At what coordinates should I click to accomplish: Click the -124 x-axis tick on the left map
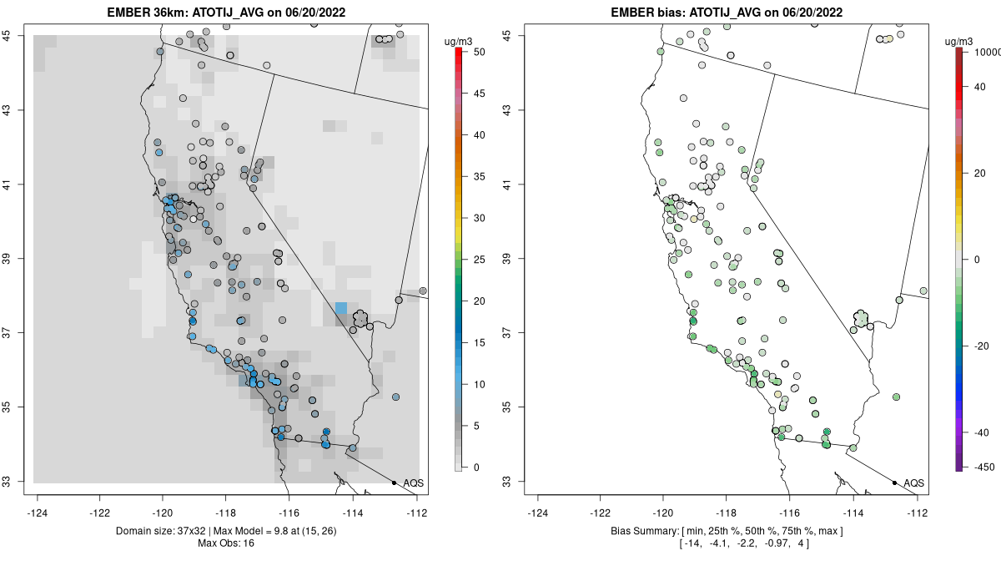(x=38, y=513)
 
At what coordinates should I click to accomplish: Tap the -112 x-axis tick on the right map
(x=918, y=513)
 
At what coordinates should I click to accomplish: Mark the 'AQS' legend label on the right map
(x=914, y=483)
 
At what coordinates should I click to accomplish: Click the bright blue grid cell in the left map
(x=341, y=307)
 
